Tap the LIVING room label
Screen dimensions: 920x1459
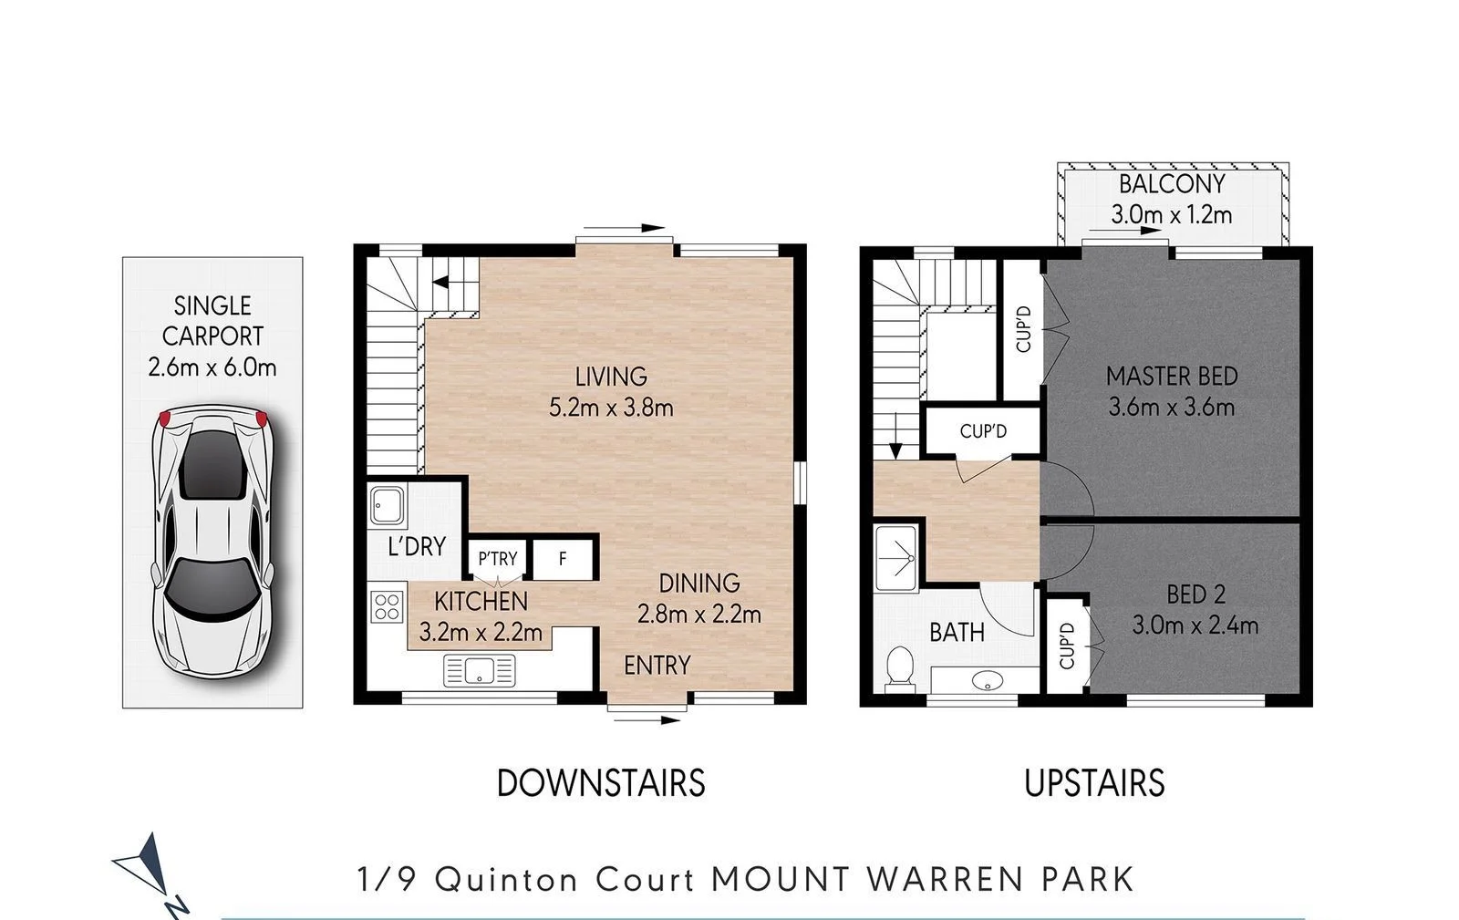point(611,376)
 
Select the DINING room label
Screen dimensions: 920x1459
point(699,583)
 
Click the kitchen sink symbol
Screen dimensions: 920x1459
point(479,671)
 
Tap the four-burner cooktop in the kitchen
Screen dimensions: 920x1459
point(387,606)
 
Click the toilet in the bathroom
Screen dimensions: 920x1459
point(899,667)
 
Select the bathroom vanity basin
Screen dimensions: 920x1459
point(986,680)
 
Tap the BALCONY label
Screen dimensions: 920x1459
point(1172,184)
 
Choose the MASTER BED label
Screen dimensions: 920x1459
point(1172,376)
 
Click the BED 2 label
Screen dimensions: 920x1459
point(1195,594)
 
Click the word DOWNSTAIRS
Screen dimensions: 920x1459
point(601,783)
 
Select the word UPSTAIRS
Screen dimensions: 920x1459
point(1094,783)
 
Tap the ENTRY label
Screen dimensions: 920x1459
point(657,666)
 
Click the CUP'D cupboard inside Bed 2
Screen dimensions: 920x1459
point(1067,645)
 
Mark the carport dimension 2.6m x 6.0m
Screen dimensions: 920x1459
point(212,367)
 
